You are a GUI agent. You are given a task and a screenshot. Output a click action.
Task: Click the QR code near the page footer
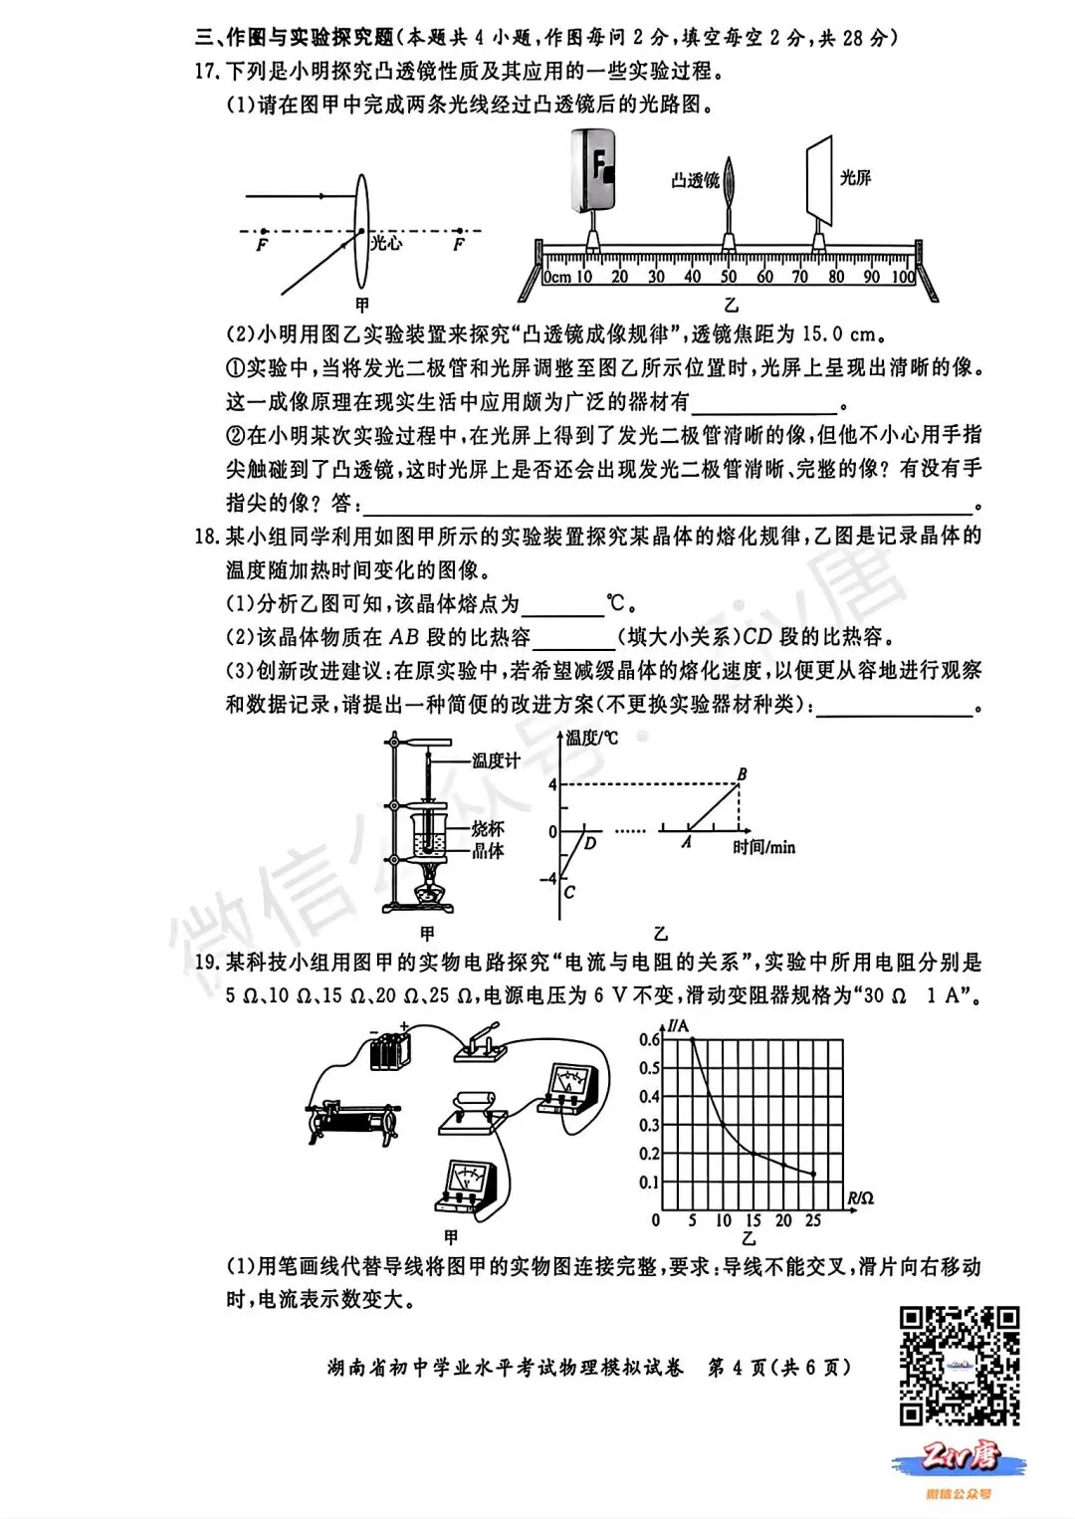tap(960, 1365)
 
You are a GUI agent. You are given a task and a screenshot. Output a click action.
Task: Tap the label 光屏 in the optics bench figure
tap(855, 178)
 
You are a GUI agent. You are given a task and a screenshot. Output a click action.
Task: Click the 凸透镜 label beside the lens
tap(695, 180)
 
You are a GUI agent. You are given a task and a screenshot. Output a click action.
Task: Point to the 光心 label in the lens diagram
tap(387, 242)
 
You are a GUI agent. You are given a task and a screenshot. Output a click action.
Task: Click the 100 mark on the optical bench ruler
tap(903, 278)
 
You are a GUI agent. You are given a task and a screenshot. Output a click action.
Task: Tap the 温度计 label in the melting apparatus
tap(496, 760)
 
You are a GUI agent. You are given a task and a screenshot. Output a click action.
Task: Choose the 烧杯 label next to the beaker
tap(488, 828)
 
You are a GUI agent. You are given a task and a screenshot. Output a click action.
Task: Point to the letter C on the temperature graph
tap(569, 892)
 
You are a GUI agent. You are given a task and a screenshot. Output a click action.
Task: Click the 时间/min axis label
tap(763, 847)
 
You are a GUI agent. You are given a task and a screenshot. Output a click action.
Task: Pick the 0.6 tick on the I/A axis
tap(649, 1040)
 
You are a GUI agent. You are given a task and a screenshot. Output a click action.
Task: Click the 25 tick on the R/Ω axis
tap(813, 1220)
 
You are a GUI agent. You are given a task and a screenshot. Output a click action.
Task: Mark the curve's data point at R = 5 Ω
tap(693, 1040)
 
